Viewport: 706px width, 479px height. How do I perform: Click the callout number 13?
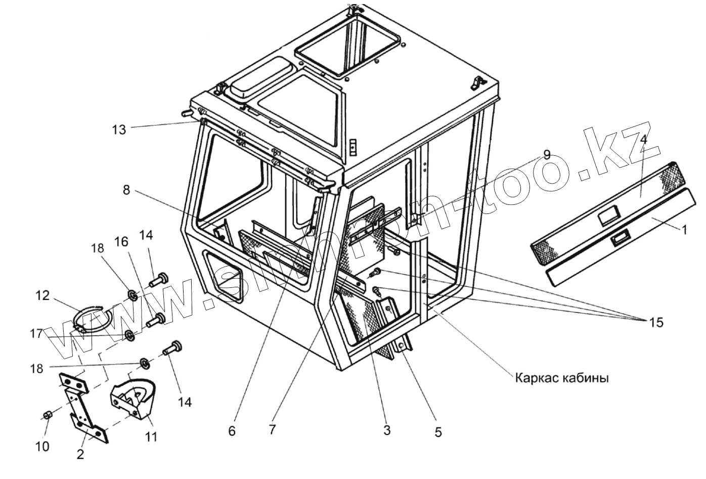click(x=119, y=129)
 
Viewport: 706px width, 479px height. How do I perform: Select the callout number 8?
click(x=126, y=190)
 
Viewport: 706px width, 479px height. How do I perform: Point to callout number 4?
click(x=643, y=140)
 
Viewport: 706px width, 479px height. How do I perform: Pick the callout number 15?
click(x=656, y=322)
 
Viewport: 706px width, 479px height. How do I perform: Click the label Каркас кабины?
click(x=561, y=378)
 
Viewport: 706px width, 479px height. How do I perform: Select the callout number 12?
click(x=42, y=295)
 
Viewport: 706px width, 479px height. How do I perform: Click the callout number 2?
click(x=80, y=454)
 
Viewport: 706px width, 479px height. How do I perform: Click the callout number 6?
click(x=232, y=431)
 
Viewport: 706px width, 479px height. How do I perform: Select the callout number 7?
click(x=273, y=430)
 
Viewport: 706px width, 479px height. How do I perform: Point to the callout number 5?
click(x=438, y=432)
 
